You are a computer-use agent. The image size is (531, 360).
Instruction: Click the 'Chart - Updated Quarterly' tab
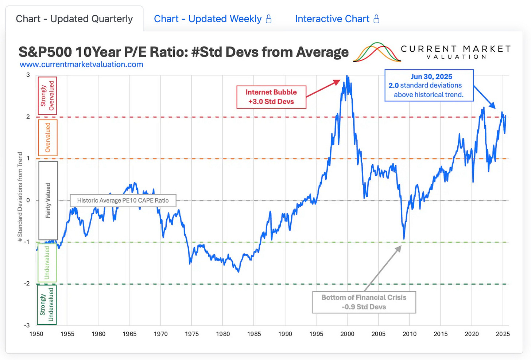(74, 19)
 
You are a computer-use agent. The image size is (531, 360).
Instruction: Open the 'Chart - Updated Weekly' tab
(208, 19)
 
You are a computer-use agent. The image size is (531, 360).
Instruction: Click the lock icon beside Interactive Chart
(377, 19)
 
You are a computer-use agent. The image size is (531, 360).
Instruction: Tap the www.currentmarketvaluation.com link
(81, 64)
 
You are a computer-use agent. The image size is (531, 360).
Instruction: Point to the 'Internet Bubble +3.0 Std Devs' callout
(271, 97)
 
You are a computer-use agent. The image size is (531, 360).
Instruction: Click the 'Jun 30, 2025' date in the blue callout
(431, 77)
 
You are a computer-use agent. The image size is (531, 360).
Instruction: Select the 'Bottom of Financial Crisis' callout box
(364, 302)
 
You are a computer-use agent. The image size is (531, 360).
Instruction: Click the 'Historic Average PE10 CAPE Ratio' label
(123, 200)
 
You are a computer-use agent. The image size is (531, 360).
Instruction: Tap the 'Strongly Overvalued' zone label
(47, 96)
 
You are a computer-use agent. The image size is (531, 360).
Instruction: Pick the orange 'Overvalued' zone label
(48, 138)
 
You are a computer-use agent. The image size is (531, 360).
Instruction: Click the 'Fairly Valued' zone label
(48, 200)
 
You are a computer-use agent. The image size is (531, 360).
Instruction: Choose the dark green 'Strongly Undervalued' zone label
(47, 304)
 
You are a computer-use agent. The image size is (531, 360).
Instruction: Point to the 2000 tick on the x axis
(347, 334)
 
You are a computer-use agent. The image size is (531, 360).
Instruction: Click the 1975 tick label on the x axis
(192, 334)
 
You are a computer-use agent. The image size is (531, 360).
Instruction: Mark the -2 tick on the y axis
(27, 283)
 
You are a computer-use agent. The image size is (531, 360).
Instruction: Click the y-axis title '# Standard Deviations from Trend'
(20, 197)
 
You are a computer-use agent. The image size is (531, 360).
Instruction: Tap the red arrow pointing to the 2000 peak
(323, 88)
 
